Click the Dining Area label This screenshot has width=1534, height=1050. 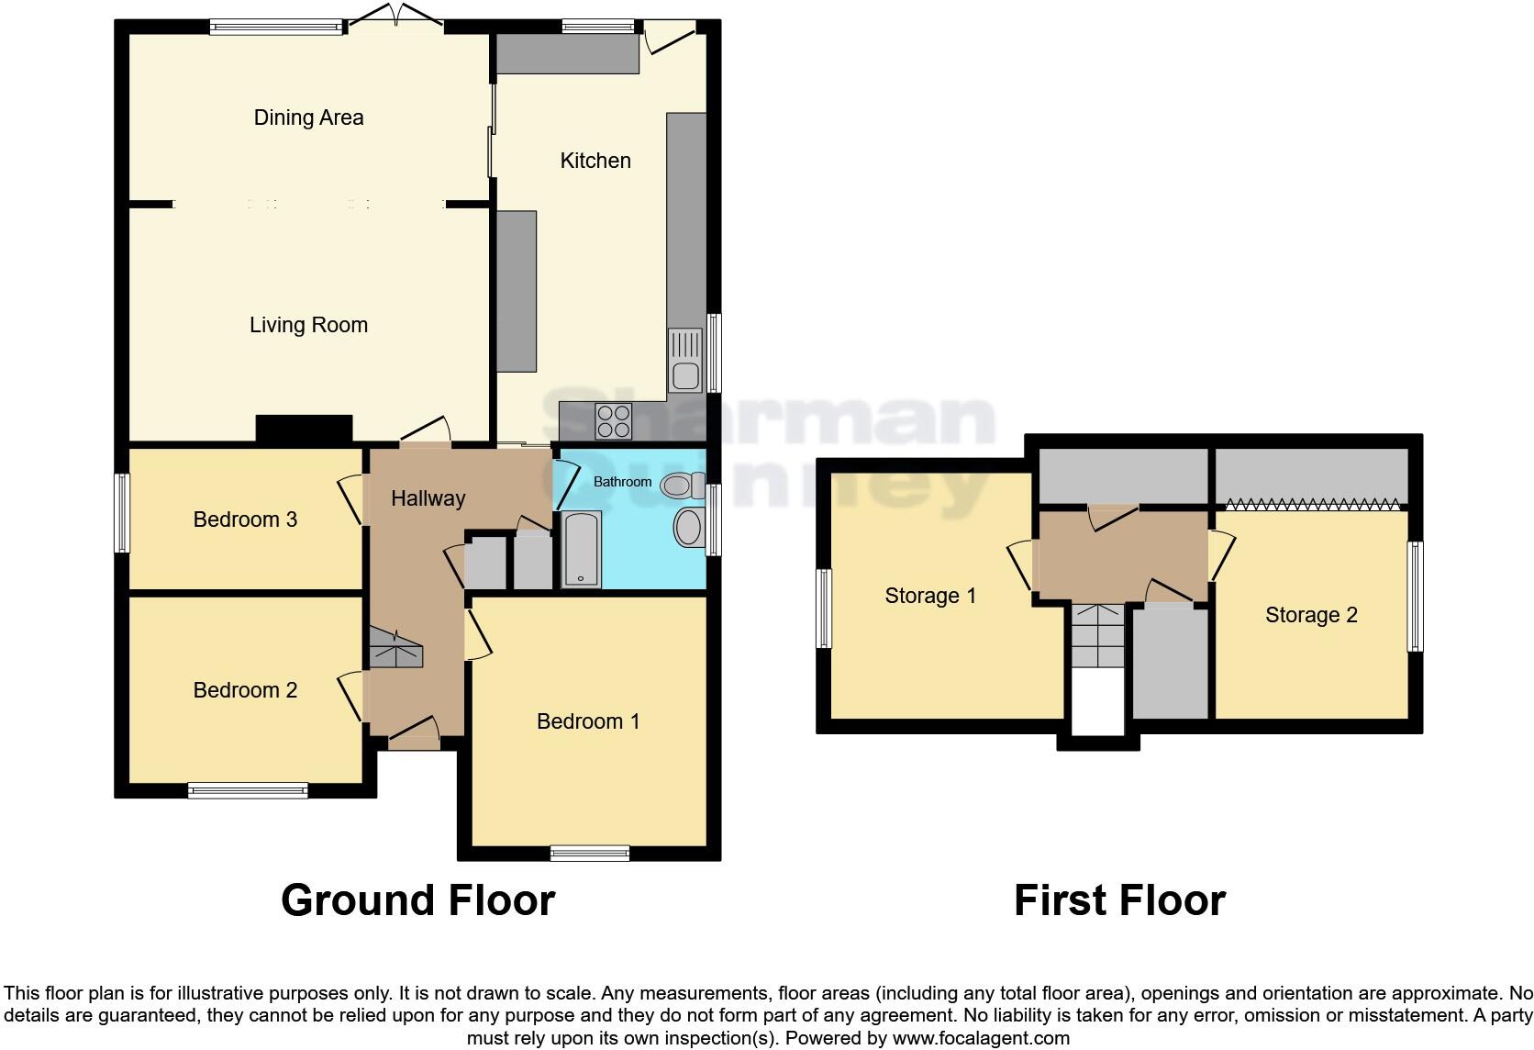[308, 117]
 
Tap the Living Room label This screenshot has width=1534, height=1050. [308, 325]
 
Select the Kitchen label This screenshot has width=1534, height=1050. [595, 161]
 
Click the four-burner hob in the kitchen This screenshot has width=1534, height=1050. [613, 421]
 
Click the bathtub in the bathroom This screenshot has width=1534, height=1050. [581, 549]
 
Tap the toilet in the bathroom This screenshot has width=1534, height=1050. [680, 484]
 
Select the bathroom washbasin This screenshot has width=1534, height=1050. [688, 528]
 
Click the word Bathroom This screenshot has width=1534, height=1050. [622, 482]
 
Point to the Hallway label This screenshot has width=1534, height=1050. [428, 498]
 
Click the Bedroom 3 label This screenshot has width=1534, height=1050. [245, 519]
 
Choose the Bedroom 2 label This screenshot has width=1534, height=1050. [245, 690]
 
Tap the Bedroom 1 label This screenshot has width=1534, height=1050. [588, 721]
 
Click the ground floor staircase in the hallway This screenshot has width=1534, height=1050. [395, 648]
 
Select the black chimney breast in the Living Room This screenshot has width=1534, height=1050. [304, 429]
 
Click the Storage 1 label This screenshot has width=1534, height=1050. [930, 596]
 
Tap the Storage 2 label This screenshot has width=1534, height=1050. [1311, 615]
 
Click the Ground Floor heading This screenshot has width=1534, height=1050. [417, 900]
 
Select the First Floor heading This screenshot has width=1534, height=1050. [1119, 900]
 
